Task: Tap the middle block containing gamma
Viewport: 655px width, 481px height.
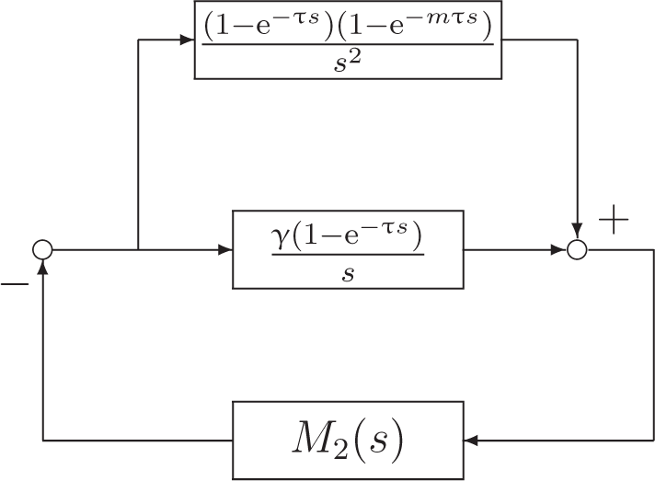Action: (x=348, y=249)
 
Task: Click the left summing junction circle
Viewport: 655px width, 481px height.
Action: (x=42, y=249)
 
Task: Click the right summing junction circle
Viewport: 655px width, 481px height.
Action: (x=577, y=249)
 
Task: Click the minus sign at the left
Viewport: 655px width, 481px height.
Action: (x=15, y=284)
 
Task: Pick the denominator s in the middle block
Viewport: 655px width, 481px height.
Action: (x=348, y=273)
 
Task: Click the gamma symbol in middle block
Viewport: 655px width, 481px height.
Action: (x=282, y=237)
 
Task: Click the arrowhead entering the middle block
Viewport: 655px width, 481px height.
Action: (x=225, y=249)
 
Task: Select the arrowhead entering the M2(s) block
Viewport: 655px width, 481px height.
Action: (x=472, y=441)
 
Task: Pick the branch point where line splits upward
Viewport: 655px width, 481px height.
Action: (x=137, y=249)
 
